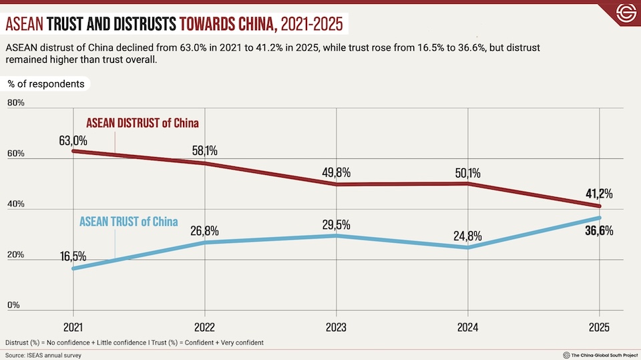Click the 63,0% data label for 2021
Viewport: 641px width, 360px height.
tap(73, 140)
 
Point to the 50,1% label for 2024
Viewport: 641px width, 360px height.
tap(467, 173)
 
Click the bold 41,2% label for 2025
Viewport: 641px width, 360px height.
tap(598, 194)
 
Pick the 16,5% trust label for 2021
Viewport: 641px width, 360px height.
tap(73, 256)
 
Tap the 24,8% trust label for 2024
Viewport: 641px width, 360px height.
tap(467, 236)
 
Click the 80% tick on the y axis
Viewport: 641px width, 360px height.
tap(16, 103)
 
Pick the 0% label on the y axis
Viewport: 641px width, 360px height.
tap(13, 306)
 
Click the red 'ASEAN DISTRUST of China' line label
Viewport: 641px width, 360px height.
tap(142, 123)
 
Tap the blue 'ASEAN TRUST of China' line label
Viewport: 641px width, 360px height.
tap(128, 221)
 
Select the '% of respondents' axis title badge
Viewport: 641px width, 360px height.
tap(46, 84)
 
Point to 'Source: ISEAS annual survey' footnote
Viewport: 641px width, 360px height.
tap(43, 355)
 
